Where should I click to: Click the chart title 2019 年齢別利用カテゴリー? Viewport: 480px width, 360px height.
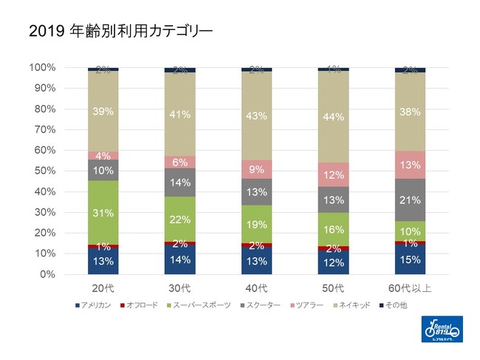click(x=121, y=32)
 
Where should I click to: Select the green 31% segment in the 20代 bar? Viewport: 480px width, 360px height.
click(x=103, y=213)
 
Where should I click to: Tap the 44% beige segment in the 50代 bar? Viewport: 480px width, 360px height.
click(x=333, y=117)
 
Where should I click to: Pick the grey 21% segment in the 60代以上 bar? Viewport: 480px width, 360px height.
click(x=410, y=200)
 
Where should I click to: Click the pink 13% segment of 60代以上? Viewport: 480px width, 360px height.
click(x=410, y=165)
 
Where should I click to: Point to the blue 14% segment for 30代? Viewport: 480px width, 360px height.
click(x=179, y=259)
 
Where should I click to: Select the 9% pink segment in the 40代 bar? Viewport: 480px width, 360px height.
click(x=256, y=169)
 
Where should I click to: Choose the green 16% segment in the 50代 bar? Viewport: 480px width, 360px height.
click(x=333, y=229)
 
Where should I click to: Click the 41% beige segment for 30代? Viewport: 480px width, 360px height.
click(x=179, y=115)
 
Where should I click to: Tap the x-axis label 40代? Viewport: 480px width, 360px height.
click(x=256, y=287)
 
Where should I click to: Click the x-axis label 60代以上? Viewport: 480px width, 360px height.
click(x=410, y=287)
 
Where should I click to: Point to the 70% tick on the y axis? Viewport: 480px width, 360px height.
click(x=43, y=129)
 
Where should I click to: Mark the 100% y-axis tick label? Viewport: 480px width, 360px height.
click(x=41, y=67)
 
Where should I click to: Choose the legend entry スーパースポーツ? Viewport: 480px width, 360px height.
click(x=202, y=305)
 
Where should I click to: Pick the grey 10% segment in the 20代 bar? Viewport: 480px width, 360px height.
click(x=103, y=171)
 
